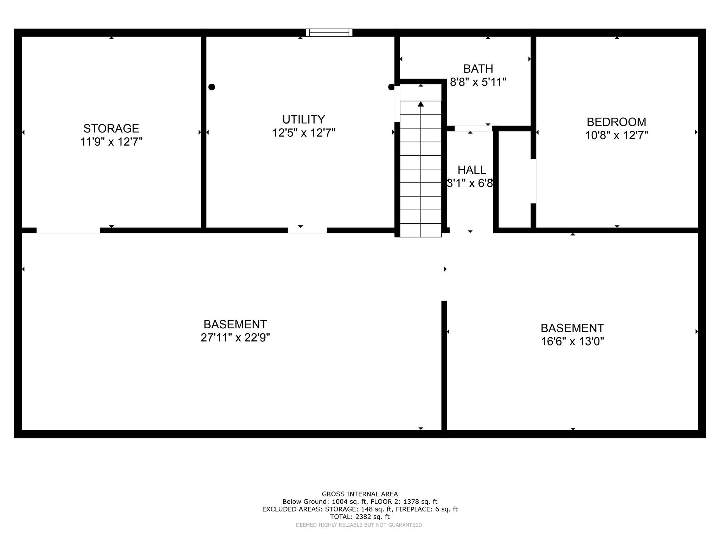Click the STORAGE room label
tap(111, 128)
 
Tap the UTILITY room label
tap(304, 120)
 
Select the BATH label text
tap(478, 69)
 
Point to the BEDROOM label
tap(616, 122)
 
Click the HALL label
tap(472, 170)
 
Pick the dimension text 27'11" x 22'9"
tap(235, 337)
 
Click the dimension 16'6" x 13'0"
tap(572, 341)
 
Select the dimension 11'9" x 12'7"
tap(111, 142)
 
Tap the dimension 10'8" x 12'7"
tap(616, 135)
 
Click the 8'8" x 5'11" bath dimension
tap(478, 82)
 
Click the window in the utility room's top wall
tap(329, 33)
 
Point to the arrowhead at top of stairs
tap(421, 104)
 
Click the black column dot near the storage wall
tap(212, 87)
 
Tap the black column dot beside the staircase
tap(391, 87)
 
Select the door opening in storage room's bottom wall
tap(68, 231)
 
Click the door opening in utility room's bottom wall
tap(307, 231)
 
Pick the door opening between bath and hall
tap(473, 129)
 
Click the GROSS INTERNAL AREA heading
tap(360, 494)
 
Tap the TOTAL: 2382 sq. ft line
tap(360, 517)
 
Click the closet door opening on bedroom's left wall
tap(533, 181)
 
